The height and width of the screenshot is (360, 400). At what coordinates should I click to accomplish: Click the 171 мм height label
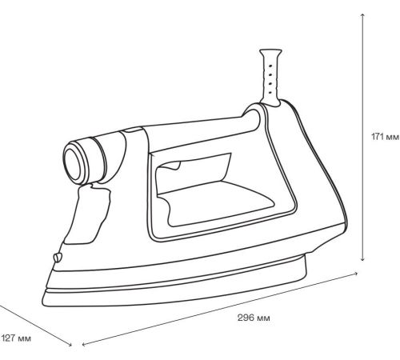point(385,137)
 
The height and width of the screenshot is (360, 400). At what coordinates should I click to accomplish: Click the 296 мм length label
point(254,318)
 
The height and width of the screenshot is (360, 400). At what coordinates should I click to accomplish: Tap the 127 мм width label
point(16,338)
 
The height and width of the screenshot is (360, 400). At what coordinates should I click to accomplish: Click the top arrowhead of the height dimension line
point(362,15)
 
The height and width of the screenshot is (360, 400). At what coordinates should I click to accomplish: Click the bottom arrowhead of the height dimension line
point(362,258)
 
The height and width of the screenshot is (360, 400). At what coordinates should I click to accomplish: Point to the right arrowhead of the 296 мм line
point(355,274)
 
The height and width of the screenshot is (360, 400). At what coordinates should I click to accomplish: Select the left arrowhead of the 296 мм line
point(84,344)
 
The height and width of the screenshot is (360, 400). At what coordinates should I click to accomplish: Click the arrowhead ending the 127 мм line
point(70,344)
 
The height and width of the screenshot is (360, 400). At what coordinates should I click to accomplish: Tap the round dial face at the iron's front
point(73,164)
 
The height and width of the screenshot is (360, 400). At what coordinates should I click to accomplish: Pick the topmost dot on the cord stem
point(270,66)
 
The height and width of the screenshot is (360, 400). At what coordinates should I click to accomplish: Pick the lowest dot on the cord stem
point(270,93)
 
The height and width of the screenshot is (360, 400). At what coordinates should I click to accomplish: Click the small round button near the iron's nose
point(57,258)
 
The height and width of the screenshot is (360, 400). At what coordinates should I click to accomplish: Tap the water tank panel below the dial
point(88,214)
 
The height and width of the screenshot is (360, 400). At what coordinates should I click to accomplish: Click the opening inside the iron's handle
point(210,190)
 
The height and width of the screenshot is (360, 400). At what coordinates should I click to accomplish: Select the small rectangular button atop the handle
point(132,130)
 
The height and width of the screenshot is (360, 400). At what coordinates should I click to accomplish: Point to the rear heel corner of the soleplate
point(306,274)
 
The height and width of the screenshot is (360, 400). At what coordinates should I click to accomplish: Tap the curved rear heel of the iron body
point(334,186)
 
